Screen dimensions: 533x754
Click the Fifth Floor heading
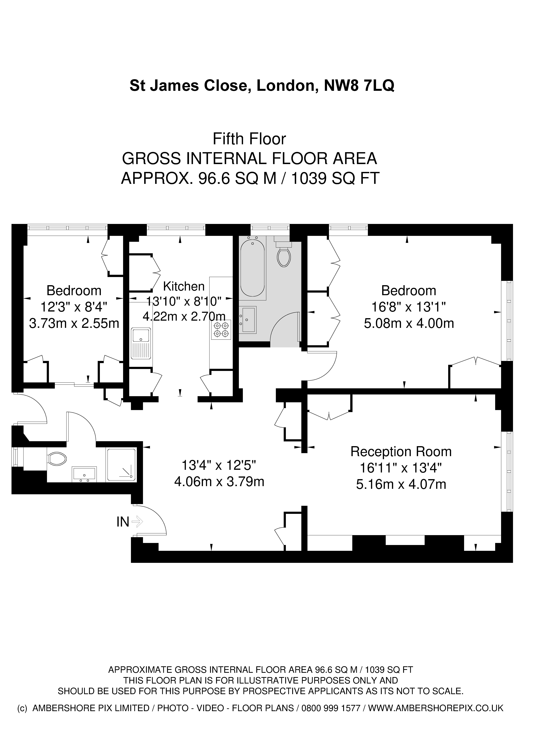[249, 139]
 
